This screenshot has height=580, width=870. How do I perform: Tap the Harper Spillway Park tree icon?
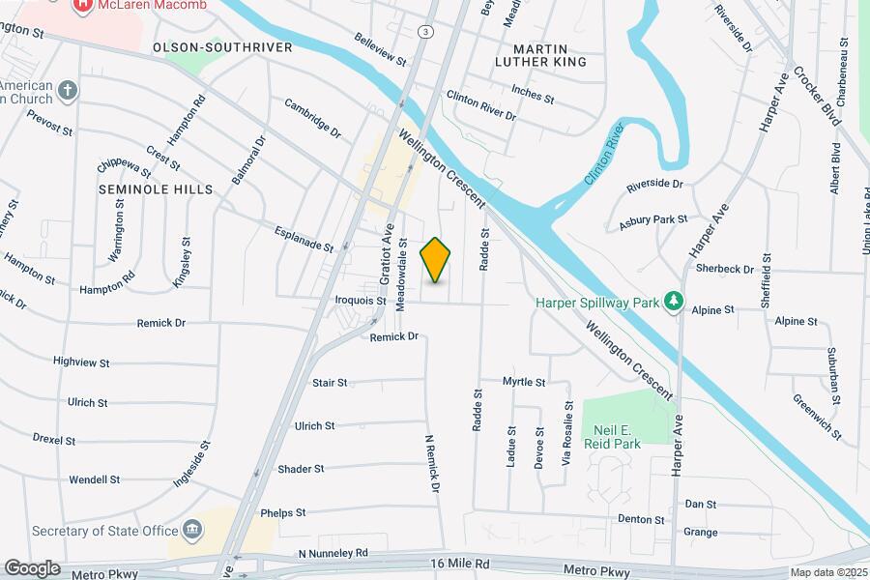(x=674, y=303)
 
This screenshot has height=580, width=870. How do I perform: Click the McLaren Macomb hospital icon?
(x=83, y=5)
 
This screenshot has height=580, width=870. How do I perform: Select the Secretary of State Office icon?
(x=192, y=530)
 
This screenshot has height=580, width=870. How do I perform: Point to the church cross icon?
(x=67, y=91)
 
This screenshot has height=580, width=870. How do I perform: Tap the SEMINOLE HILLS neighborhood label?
(x=156, y=189)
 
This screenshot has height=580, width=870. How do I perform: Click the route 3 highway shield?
(x=424, y=32)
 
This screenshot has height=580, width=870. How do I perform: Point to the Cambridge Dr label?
(x=313, y=116)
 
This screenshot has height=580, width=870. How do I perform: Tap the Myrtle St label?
(x=524, y=383)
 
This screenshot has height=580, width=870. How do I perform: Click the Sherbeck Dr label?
(x=723, y=270)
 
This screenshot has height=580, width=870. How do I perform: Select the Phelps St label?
(x=282, y=512)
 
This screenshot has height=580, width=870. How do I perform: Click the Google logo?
(x=31, y=568)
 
